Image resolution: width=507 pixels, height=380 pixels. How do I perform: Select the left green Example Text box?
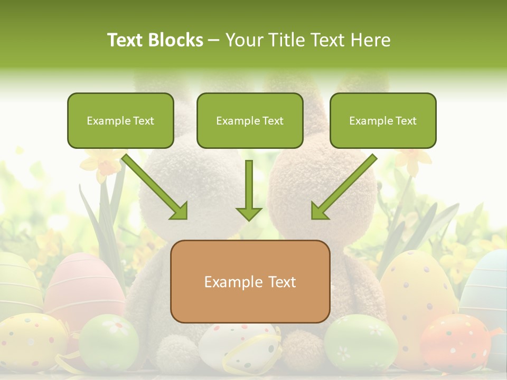pyautogui.click(x=120, y=120)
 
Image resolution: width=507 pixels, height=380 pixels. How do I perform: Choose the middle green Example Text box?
pyautogui.click(x=250, y=120)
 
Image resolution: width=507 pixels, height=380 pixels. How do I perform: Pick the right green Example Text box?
pyautogui.click(x=383, y=120)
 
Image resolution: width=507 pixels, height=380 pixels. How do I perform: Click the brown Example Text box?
pyautogui.click(x=250, y=281)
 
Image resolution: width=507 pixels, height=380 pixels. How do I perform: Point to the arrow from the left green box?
pyautogui.click(x=155, y=187)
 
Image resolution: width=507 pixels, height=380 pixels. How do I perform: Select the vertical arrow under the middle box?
pyautogui.click(x=249, y=191)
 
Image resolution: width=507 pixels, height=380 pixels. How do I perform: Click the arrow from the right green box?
pyautogui.click(x=344, y=187)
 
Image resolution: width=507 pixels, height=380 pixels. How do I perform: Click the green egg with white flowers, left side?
pyautogui.click(x=108, y=340)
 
